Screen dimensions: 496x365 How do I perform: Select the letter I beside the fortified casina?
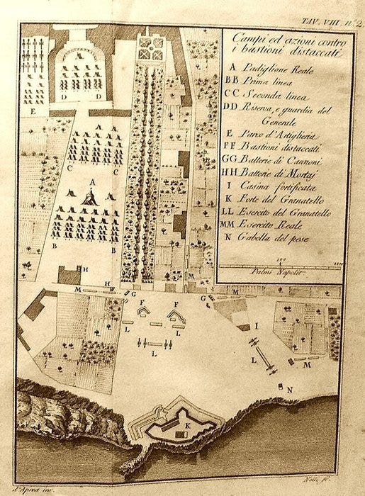tap(256, 325)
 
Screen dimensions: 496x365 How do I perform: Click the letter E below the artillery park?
tap(33, 111)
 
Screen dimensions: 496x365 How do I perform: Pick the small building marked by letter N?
tap(281, 386)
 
